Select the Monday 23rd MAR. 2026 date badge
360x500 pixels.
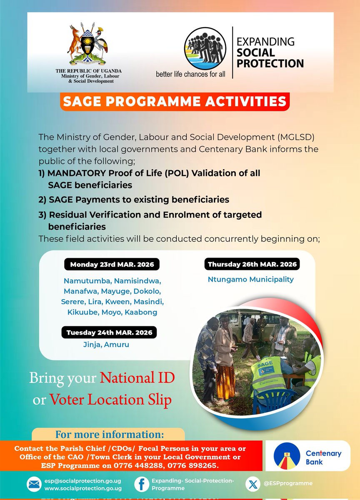click(112, 265)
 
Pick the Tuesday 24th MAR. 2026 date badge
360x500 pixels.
click(110, 332)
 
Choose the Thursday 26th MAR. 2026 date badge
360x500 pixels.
click(252, 264)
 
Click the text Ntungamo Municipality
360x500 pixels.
click(250, 280)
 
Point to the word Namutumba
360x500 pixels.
click(87, 280)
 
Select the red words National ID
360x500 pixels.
click(137, 378)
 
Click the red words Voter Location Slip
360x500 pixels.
click(110, 400)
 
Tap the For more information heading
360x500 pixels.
click(109, 435)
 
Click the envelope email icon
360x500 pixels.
click(33, 484)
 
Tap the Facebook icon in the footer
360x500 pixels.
click(142, 484)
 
